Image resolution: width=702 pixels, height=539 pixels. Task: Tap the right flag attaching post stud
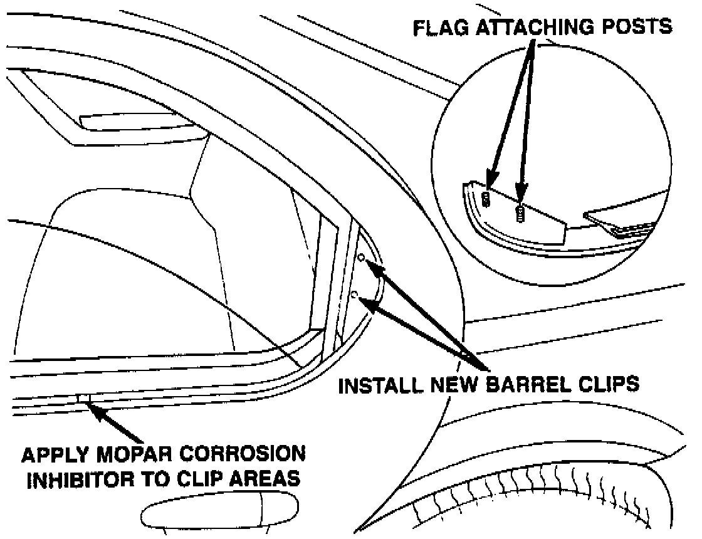pyautogui.click(x=519, y=212)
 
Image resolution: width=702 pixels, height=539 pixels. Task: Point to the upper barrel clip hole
pyautogui.click(x=362, y=257)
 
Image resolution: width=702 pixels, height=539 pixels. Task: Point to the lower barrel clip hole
pyautogui.click(x=355, y=295)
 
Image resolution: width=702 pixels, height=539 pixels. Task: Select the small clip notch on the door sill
pyautogui.click(x=82, y=397)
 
